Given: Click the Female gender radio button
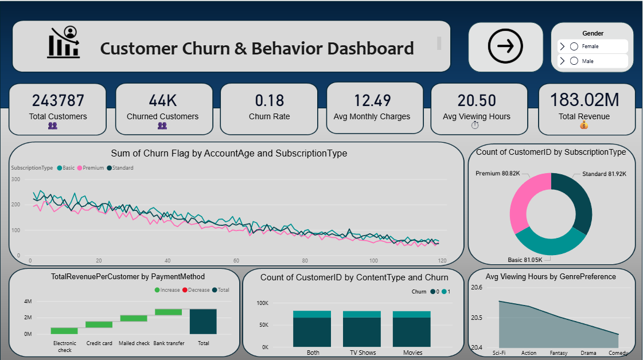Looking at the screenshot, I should (574, 46).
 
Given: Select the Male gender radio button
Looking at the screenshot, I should (574, 61).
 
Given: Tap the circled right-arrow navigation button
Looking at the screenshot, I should (505, 46).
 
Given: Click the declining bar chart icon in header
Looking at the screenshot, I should (64, 42).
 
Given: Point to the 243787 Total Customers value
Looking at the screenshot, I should (58, 101).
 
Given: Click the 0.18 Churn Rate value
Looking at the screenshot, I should (269, 101).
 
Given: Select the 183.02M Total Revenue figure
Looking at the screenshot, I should (584, 100).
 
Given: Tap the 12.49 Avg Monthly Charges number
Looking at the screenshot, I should (372, 101).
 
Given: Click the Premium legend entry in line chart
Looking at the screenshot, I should (92, 168).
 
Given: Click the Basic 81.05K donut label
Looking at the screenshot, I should (524, 260).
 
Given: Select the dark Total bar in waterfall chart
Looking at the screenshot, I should (203, 322).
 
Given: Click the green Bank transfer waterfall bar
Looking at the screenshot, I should (169, 312).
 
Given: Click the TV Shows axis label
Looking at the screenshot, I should (363, 353).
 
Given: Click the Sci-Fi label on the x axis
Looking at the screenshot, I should (499, 353).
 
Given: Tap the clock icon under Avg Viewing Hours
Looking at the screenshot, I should (474, 126).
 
